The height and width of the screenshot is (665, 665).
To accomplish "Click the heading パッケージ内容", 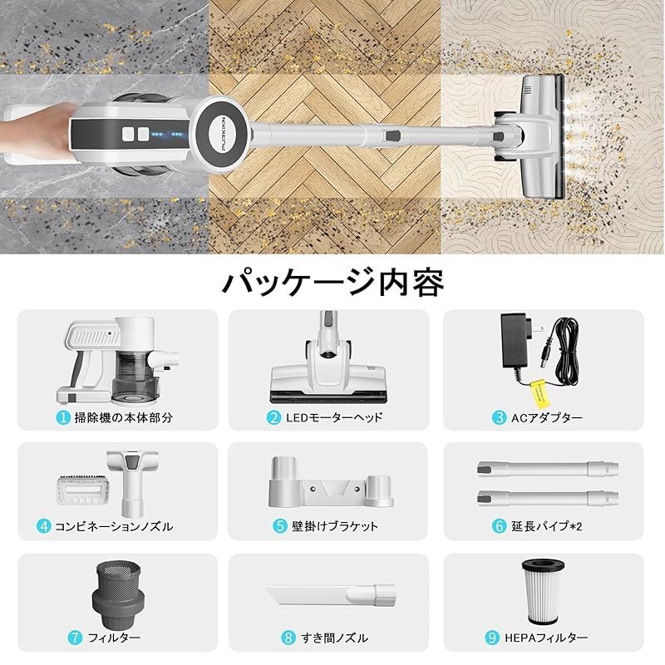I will pos(332,282).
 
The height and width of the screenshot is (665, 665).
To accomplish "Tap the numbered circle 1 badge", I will pos(64,417).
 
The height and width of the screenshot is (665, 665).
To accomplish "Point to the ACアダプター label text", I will pos(549,417).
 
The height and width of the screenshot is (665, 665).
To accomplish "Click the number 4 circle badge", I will pos(44,526).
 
